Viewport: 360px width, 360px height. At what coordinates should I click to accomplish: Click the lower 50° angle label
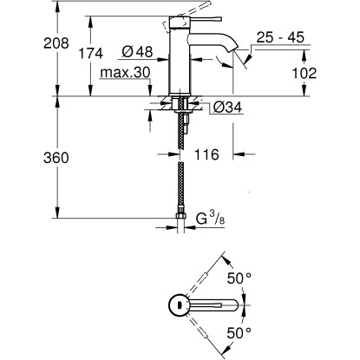point(239,332)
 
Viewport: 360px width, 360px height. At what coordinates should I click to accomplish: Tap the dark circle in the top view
point(176,304)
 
